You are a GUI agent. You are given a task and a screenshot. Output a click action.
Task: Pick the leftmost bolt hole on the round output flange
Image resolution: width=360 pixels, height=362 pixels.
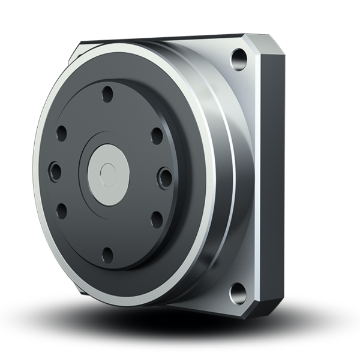(52, 170)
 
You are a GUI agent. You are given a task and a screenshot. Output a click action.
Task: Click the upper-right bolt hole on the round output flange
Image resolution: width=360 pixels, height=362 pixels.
(154, 133)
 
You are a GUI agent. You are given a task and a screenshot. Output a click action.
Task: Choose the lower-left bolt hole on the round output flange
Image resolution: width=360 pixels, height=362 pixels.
(61, 210)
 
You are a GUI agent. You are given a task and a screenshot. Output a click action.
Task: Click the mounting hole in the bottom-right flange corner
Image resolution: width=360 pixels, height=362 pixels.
(236, 294)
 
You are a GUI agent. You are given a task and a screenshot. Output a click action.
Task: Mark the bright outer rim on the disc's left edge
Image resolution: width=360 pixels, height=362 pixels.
(37, 174)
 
